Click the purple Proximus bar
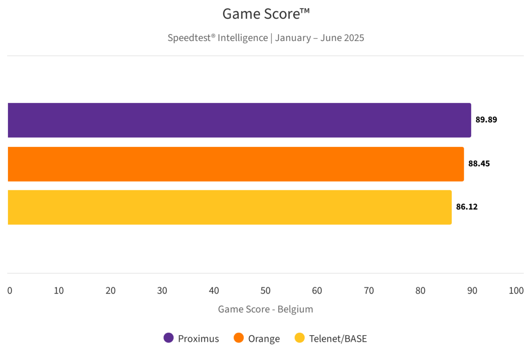point(239,120)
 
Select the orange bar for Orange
point(235,164)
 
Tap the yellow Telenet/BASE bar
point(229,207)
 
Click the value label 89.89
point(486,120)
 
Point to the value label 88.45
point(479,163)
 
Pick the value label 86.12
point(467,207)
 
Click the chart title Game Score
point(265,14)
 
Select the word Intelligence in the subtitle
point(243,38)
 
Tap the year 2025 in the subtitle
point(354,38)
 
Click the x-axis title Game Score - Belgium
point(265,309)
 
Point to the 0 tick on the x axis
point(10,291)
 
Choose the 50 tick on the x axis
point(265,291)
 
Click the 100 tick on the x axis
point(516,291)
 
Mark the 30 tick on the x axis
point(162,291)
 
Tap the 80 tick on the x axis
point(420,291)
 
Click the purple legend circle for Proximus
point(168,338)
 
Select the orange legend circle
point(239,338)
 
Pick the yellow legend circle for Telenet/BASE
point(300,338)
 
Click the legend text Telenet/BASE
point(338,339)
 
